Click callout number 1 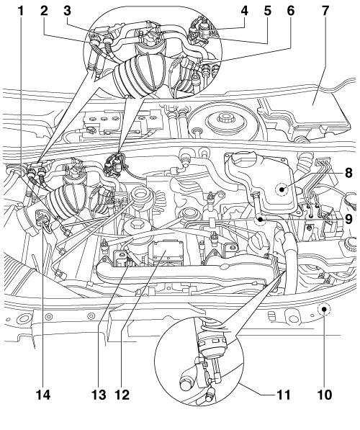tap(21, 11)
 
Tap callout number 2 tap(44, 11)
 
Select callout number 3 tap(68, 11)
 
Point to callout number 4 tap(245, 11)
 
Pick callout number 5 tap(268, 11)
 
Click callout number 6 tap(291, 11)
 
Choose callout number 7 tap(325, 11)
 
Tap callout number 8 tap(348, 173)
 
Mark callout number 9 tap(348, 219)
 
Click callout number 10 tap(325, 395)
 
